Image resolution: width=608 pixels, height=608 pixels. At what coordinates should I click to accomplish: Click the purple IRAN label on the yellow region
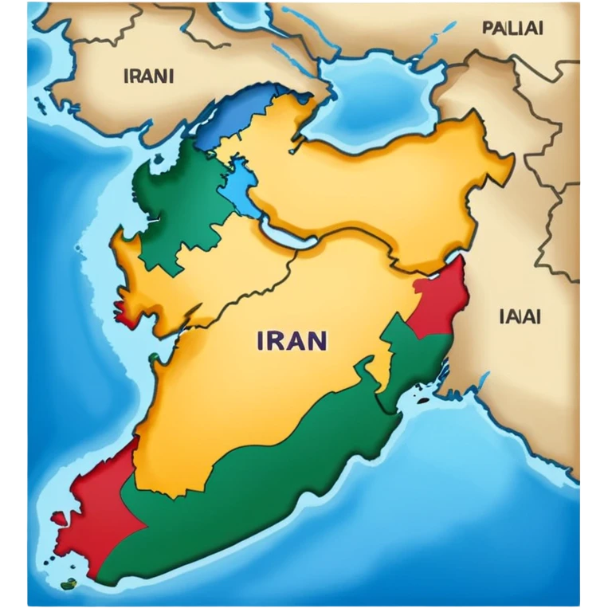292,340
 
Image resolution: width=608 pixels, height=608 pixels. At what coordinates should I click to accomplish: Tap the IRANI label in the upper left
149,77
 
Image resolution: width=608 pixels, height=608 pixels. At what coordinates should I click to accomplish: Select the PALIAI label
512,28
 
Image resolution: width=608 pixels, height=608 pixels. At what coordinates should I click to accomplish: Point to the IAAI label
520,316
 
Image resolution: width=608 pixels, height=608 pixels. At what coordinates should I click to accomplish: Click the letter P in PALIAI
488,28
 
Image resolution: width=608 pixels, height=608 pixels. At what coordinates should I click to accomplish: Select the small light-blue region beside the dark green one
239,187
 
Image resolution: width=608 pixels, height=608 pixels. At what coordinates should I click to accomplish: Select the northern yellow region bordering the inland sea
382,183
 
